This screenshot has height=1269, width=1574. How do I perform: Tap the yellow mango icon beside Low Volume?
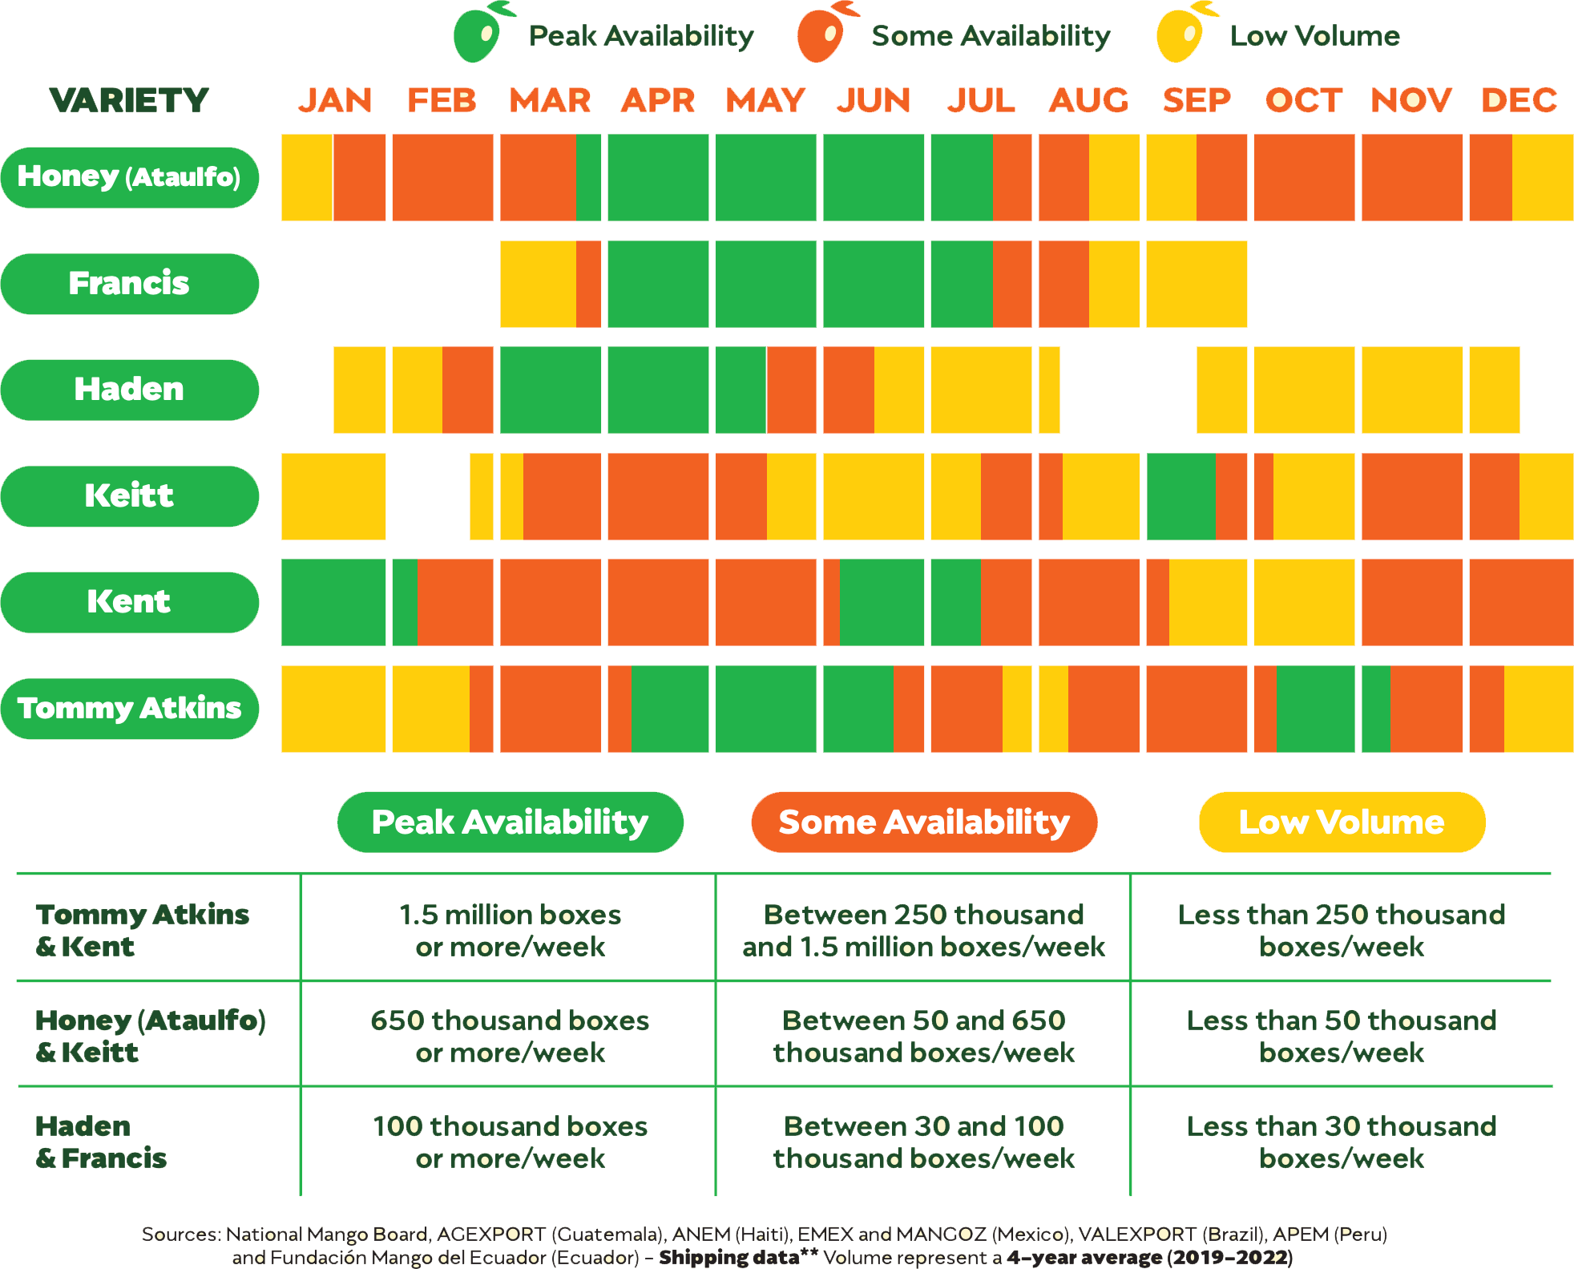pyautogui.click(x=1180, y=34)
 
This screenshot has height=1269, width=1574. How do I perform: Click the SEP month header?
pyautogui.click(x=1197, y=100)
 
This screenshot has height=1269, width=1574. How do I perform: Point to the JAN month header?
pyautogui.click(x=335, y=100)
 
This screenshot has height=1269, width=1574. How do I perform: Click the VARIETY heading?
pyautogui.click(x=129, y=100)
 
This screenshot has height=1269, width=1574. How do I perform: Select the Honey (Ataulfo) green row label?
pyautogui.click(x=129, y=177)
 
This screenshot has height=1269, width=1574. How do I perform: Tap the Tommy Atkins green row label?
pyautogui.click(x=129, y=709)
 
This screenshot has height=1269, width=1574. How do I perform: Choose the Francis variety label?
pyautogui.click(x=129, y=284)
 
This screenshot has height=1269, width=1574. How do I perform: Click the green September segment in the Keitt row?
pyautogui.click(x=1181, y=496)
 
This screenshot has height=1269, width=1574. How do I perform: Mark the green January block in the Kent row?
pyautogui.click(x=333, y=602)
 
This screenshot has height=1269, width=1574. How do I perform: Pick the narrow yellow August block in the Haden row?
pyautogui.click(x=1049, y=390)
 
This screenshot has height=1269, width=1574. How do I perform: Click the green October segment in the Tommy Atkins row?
pyautogui.click(x=1315, y=709)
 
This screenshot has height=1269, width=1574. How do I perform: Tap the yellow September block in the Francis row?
pyautogui.click(x=1197, y=284)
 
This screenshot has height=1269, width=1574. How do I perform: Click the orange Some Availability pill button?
pyautogui.click(x=924, y=822)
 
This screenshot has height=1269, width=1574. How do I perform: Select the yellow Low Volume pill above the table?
pyautogui.click(x=1342, y=822)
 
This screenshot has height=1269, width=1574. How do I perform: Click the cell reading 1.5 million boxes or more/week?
pyautogui.click(x=510, y=930)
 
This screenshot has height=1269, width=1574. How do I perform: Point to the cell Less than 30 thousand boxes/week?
pyautogui.click(x=1342, y=1142)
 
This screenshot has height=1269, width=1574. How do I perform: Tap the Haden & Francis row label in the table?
pyautogui.click(x=101, y=1142)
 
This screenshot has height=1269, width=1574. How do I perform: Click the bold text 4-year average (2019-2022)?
pyautogui.click(x=1149, y=1256)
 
